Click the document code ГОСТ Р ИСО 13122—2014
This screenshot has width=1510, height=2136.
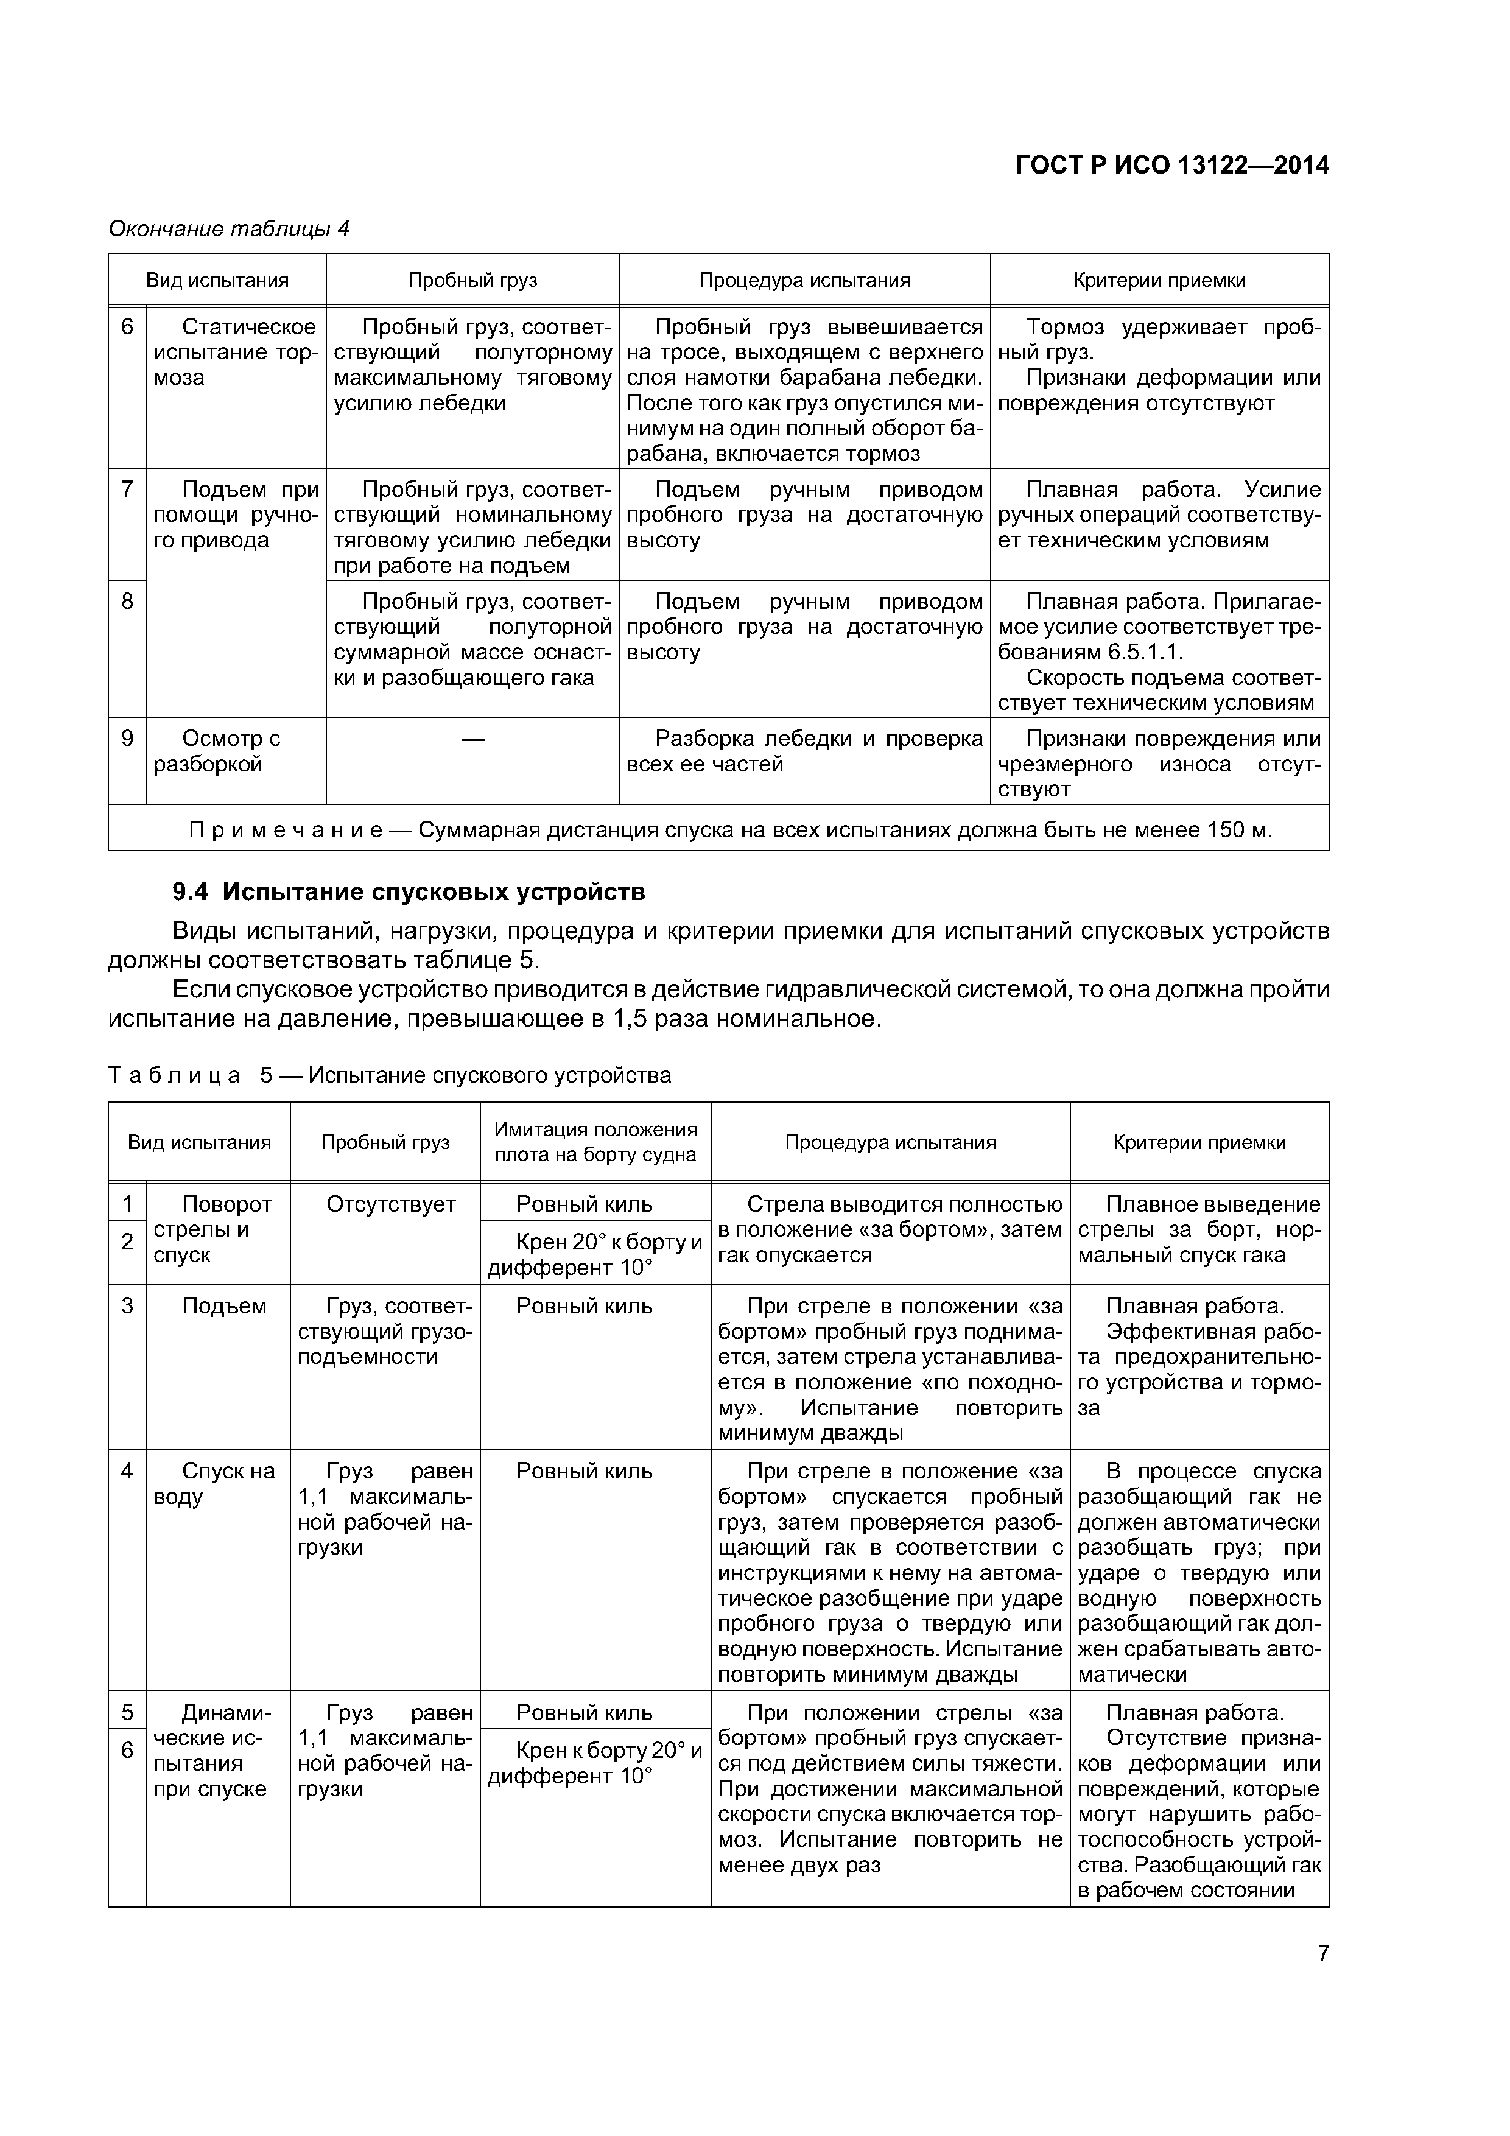coord(1171,166)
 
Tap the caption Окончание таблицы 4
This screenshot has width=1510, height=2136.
coord(229,229)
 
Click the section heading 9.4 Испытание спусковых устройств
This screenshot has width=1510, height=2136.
coord(409,891)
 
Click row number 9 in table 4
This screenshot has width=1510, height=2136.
coord(127,739)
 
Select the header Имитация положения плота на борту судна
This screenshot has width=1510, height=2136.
coord(595,1142)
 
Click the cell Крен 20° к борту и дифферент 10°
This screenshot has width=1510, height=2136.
coord(595,1254)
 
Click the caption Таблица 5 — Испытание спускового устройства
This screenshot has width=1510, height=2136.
coord(390,1075)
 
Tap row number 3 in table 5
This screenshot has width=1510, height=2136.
coord(127,1306)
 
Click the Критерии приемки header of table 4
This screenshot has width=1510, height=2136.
coord(1159,280)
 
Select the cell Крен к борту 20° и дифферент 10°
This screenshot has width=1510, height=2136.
coord(595,1762)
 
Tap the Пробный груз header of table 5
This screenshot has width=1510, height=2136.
coord(385,1142)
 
